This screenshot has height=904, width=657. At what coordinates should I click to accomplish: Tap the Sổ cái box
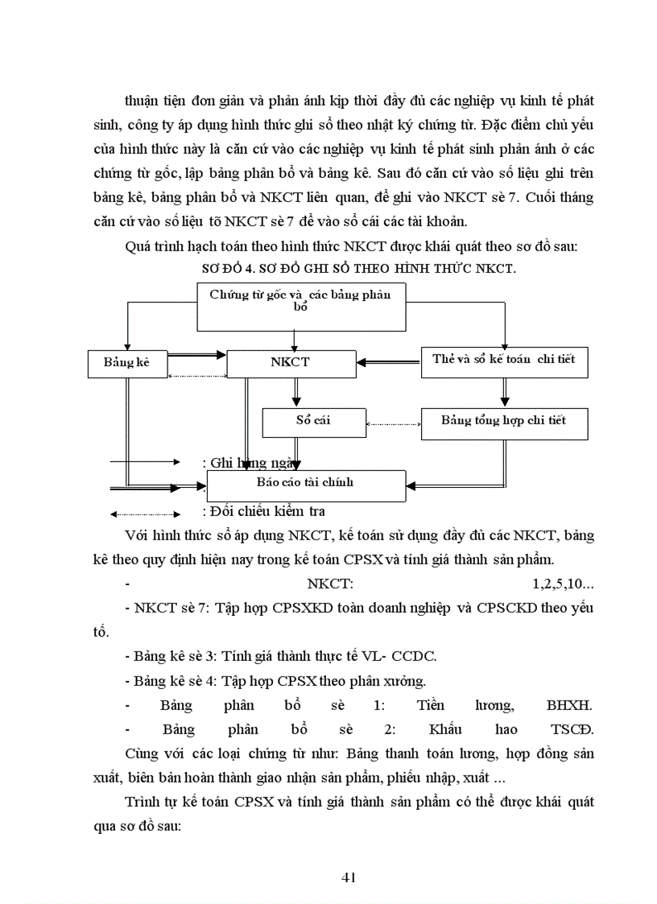(x=313, y=421)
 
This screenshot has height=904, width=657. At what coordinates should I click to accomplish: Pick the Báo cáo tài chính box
(x=305, y=484)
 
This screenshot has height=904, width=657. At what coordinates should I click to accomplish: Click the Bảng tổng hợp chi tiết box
(x=504, y=421)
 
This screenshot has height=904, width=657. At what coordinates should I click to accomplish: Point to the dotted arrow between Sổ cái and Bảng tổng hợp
(x=393, y=423)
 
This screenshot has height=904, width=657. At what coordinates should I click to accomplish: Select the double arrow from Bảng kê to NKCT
(x=196, y=354)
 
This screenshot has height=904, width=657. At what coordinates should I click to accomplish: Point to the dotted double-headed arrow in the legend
(x=146, y=514)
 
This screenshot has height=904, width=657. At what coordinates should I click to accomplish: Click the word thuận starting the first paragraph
(x=143, y=101)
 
